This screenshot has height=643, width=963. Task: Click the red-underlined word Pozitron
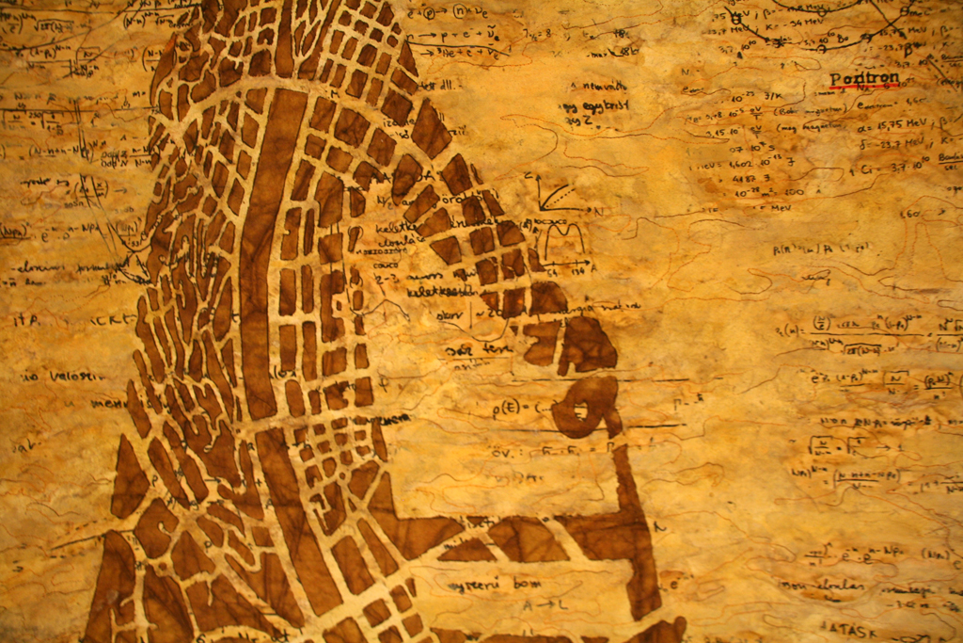click(x=863, y=78)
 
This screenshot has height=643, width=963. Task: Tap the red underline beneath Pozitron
click(x=863, y=88)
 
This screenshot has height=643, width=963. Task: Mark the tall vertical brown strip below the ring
click(x=635, y=527)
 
